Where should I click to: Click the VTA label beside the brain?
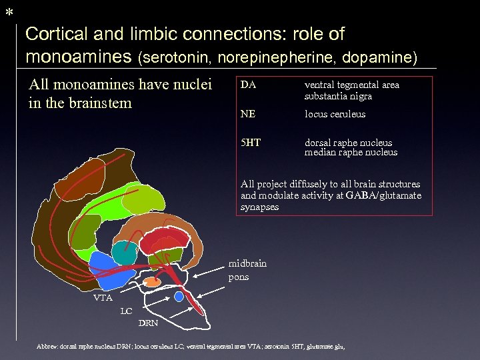tap(103, 298)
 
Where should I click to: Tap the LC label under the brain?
tap(126, 311)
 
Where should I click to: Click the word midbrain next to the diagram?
tap(247, 263)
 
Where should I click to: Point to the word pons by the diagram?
tap(238, 277)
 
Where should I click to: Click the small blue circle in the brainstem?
tap(179, 295)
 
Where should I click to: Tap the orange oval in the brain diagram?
tap(153, 282)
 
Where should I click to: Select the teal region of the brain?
tap(124, 253)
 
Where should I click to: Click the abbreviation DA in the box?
tap(248, 85)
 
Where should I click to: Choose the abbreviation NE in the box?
tap(247, 114)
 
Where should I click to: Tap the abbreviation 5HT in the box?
tap(250, 142)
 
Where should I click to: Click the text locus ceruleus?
tap(335, 114)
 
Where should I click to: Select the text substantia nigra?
tap(338, 96)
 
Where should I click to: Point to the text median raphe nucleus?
tap(351, 153)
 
